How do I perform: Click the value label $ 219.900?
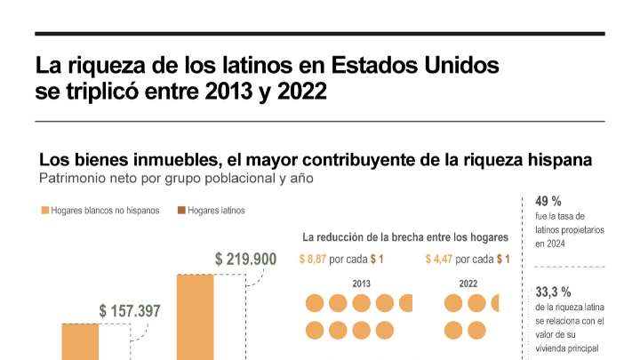pyautogui.click(x=245, y=259)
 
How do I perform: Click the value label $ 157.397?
pyautogui.click(x=130, y=311)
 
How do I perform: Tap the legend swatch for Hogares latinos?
pyautogui.click(x=180, y=211)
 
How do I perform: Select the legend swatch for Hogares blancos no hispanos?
pyautogui.click(x=44, y=211)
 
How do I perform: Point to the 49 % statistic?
pyautogui.click(x=548, y=201)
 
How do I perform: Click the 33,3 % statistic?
pyautogui.click(x=553, y=292)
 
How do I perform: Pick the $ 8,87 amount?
pyautogui.click(x=312, y=259)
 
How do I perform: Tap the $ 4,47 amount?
pyautogui.click(x=439, y=259)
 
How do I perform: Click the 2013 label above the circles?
pyautogui.click(x=361, y=284)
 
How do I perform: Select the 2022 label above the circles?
pyautogui.click(x=468, y=284)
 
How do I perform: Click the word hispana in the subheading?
pyautogui.click(x=559, y=160)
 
